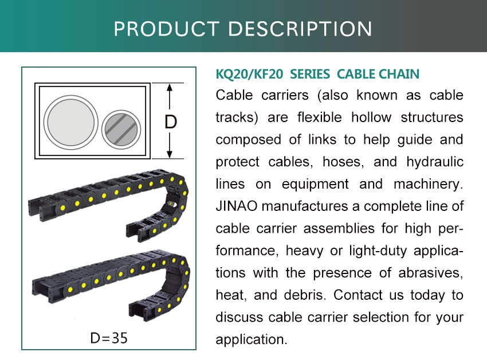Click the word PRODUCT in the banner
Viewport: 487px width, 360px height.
click(x=167, y=29)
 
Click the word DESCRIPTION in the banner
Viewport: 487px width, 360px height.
click(x=300, y=29)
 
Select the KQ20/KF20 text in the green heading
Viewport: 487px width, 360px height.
click(x=249, y=75)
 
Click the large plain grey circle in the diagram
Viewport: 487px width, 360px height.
click(x=71, y=123)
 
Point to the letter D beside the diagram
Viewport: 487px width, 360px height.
click(x=171, y=122)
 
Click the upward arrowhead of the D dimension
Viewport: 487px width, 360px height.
click(x=169, y=87)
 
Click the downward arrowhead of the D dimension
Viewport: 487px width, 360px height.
click(x=169, y=154)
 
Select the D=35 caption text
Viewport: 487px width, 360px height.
click(x=109, y=338)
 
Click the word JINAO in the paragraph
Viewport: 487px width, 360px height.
click(x=237, y=206)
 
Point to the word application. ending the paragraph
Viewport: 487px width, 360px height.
click(x=252, y=340)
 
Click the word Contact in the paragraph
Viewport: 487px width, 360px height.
click(x=358, y=295)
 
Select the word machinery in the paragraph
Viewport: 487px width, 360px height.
click(x=428, y=185)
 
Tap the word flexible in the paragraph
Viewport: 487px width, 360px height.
click(x=320, y=118)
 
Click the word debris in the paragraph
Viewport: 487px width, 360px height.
click(x=305, y=295)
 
